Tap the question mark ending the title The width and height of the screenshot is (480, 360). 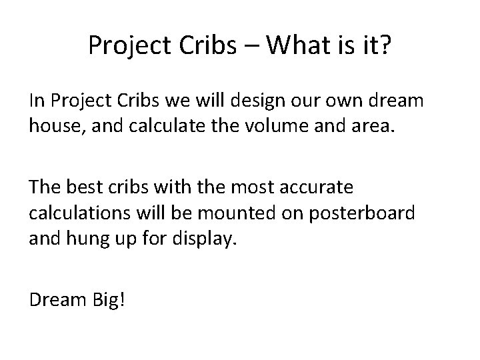(387, 46)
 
